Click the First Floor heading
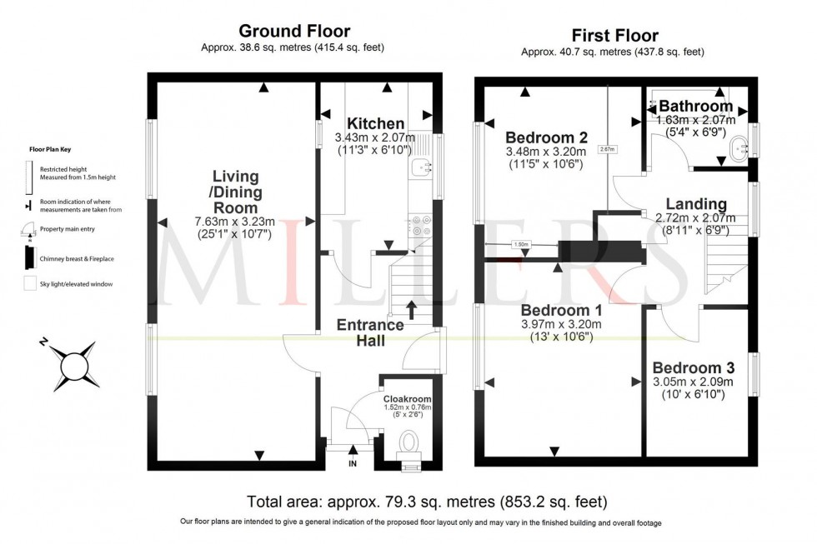tap(614, 35)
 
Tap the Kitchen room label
tap(376, 123)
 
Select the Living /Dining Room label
tap(235, 192)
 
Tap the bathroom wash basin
tap(737, 151)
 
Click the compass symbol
tap(74, 364)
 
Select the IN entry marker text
tap(352, 463)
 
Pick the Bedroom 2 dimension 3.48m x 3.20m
tap(546, 152)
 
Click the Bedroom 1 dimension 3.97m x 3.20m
tap(559, 324)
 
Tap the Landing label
tap(696, 204)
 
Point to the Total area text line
tap(427, 502)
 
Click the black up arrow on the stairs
tap(412, 310)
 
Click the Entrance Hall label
tap(370, 332)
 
